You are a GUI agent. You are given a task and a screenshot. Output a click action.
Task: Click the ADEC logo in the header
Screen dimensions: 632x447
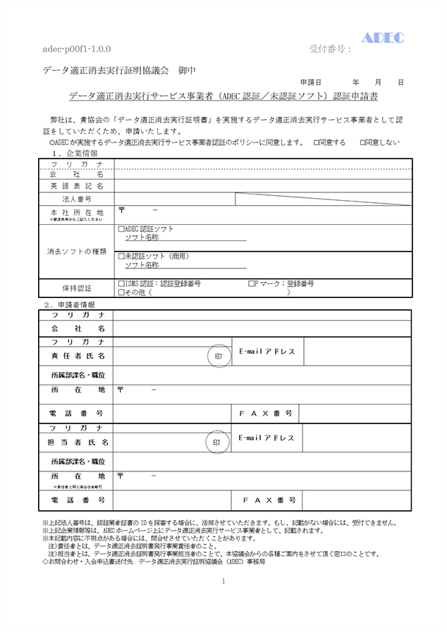click(383, 37)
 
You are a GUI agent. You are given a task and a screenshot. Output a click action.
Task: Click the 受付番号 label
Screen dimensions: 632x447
click(329, 49)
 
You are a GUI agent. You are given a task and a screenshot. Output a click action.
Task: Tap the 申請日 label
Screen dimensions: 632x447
click(311, 82)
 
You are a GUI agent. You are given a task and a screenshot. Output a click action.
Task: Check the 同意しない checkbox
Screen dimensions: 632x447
click(362, 142)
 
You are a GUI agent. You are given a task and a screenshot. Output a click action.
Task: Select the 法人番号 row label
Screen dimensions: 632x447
click(77, 199)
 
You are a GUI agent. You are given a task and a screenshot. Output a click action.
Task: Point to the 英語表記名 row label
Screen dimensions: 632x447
click(77, 186)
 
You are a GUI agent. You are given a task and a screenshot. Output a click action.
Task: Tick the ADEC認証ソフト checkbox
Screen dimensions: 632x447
click(122, 229)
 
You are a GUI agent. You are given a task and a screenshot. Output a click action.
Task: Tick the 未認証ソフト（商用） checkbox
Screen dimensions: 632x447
click(122, 256)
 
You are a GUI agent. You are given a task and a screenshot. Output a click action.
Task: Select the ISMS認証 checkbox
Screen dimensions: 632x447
click(122, 283)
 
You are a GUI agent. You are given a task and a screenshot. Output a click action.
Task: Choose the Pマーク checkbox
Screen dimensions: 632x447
click(252, 283)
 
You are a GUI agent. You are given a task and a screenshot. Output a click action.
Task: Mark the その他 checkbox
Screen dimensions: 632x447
click(122, 292)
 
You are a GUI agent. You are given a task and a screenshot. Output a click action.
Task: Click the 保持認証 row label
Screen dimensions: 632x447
click(77, 287)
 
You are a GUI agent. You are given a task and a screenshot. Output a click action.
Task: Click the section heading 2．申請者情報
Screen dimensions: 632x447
click(70, 304)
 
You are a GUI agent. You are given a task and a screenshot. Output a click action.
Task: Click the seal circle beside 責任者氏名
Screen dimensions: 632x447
click(219, 357)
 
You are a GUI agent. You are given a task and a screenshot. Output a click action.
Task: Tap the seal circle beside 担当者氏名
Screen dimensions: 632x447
click(217, 442)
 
